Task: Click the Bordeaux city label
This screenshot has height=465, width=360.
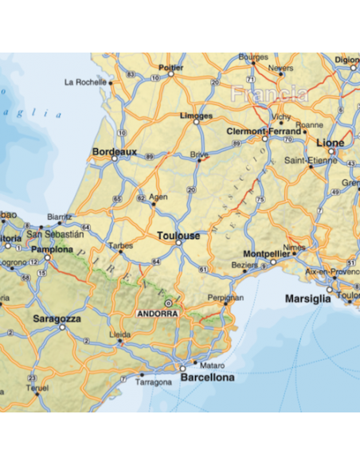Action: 115,150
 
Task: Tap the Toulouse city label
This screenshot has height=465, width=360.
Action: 178,236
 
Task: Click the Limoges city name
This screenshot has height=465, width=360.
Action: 196,116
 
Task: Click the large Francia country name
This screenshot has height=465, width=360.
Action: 268,94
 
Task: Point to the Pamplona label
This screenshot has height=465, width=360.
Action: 52,249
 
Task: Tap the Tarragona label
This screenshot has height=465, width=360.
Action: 154,382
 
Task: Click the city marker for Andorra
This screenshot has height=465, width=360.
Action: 168,303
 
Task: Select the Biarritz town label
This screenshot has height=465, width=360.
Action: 59,216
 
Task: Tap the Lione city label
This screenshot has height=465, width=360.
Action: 331,143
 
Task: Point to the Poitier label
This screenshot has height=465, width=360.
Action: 171,68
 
